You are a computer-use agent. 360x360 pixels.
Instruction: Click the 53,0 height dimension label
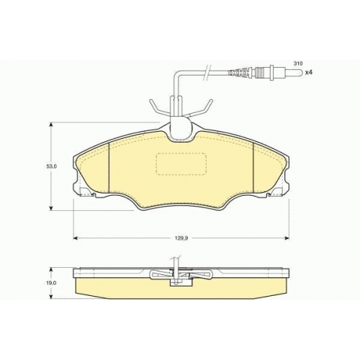[x=51, y=166]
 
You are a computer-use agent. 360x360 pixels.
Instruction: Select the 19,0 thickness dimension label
[x=51, y=283]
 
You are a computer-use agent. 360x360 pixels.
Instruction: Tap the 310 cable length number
[x=298, y=63]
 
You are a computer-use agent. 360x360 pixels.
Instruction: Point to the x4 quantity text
[x=308, y=72]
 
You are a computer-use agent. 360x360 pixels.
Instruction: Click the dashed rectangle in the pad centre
[x=181, y=163]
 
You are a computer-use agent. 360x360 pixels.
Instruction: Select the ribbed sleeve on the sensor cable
[x=240, y=73]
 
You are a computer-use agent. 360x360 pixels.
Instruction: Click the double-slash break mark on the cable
[x=208, y=72]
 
